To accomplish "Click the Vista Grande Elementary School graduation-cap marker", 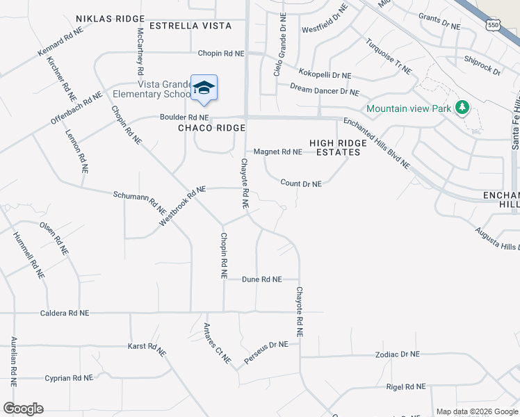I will coord(204,88).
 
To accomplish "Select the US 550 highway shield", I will coord(493,24).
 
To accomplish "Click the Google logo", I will coord(23,409).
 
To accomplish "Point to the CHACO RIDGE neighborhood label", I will coord(212,128).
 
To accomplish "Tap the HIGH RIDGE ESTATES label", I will coord(338,147).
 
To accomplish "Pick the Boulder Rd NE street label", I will coord(184,117).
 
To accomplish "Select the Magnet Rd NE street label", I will coord(278,152).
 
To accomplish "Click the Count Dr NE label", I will coord(301,184).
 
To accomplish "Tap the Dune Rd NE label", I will coord(262,279).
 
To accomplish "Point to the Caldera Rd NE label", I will coord(64,313).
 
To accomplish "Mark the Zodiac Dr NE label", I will coord(397,354).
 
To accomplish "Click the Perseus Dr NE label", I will coord(266,354).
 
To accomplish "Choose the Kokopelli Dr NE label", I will coord(325,75).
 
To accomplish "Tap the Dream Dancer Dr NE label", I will coord(325,91).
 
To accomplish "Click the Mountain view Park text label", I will coord(409,108).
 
